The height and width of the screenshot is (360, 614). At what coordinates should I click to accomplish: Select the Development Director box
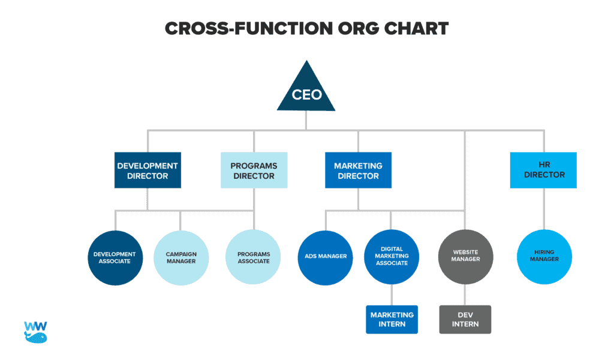tap(148, 170)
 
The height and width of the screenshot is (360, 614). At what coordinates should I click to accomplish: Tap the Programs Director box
tap(254, 170)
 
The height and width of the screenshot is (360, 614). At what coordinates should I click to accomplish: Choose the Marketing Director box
tap(358, 170)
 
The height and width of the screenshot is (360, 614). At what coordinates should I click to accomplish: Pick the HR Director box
tap(544, 170)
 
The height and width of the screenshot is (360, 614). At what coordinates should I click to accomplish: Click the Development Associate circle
tap(115, 257)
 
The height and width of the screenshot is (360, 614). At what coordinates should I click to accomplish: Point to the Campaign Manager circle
tap(181, 257)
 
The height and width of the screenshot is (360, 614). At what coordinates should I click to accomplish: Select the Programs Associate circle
tap(254, 257)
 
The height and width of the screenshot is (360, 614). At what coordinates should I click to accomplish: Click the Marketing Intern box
tap(392, 319)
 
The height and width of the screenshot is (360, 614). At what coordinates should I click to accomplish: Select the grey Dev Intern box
tap(465, 319)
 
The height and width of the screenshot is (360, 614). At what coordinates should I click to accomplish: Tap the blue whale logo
tap(35, 332)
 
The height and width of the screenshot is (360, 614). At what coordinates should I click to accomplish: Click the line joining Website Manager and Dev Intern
tap(465, 295)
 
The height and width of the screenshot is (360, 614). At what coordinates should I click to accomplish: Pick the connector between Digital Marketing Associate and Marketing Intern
tap(392, 295)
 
